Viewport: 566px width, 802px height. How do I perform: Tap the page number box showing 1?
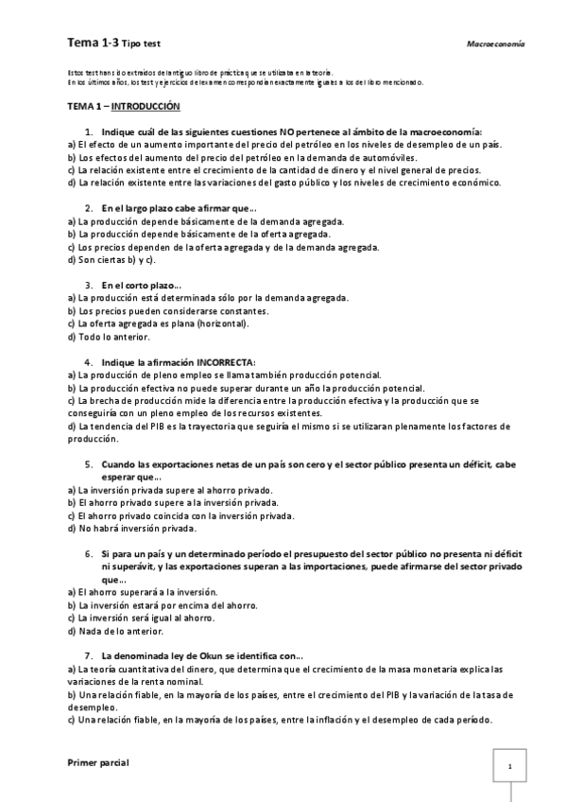pos(509,766)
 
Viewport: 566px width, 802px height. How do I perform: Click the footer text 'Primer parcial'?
pos(98,760)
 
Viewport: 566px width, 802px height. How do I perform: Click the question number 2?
pos(88,208)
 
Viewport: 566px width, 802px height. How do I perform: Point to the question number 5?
pos(88,464)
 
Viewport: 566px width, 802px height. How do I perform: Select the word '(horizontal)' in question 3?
pos(223,323)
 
